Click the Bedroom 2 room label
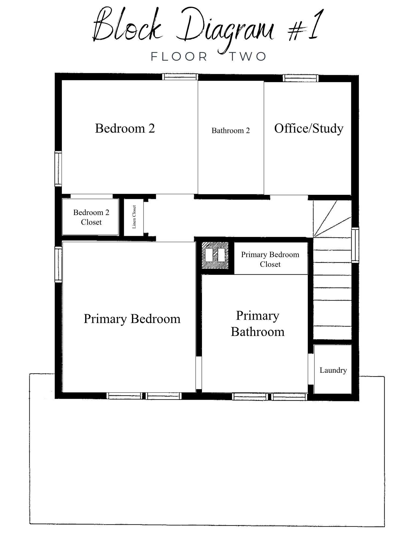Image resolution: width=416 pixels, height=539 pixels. tap(125, 128)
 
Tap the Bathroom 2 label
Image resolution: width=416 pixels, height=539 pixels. tap(230, 131)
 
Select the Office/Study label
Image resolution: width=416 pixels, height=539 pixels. tap(309, 129)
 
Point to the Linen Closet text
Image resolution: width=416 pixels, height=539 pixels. tap(134, 217)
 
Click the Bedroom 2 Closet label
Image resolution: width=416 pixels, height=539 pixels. tap(91, 217)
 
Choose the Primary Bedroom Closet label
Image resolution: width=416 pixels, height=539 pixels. tap(270, 259)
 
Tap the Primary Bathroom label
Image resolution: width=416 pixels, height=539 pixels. tap(258, 324)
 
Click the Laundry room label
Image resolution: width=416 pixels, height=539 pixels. tap(333, 370)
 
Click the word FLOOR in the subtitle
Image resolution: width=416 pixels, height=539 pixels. tap(179, 57)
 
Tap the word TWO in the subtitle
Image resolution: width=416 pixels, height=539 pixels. tap(248, 57)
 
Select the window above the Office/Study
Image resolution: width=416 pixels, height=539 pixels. tap(301, 78)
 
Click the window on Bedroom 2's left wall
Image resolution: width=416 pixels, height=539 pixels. tap(58, 169)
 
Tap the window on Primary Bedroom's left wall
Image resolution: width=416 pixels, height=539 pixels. tap(58, 265)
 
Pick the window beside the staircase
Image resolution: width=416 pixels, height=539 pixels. tap(355, 245)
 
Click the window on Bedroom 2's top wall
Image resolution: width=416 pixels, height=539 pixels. tap(180, 77)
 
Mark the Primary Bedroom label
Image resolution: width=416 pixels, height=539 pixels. tap(132, 319)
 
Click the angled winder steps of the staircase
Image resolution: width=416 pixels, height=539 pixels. tap(332, 219)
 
